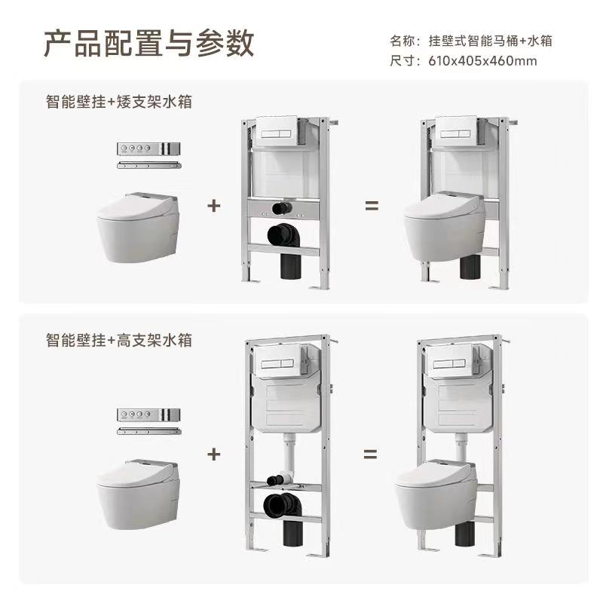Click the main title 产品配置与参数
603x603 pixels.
click(x=148, y=43)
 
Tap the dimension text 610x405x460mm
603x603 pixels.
click(x=482, y=61)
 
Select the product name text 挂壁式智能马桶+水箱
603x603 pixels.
click(x=491, y=41)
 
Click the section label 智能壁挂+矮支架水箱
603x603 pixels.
click(x=119, y=102)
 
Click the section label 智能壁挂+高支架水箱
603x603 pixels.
click(x=119, y=341)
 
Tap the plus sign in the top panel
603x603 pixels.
click(x=214, y=206)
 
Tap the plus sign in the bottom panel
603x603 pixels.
click(x=214, y=455)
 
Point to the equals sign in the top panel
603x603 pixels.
click(x=372, y=206)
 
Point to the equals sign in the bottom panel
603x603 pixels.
click(x=370, y=455)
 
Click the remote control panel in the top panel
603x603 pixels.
click(x=148, y=148)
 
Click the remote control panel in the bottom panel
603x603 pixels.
click(x=148, y=415)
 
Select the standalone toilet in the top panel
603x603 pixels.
click(x=138, y=228)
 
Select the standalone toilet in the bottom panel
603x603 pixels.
click(x=138, y=494)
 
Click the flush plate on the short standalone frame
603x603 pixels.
click(x=276, y=130)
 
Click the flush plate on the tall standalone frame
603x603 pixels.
click(x=277, y=362)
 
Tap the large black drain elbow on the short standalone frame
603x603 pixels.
click(x=285, y=237)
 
